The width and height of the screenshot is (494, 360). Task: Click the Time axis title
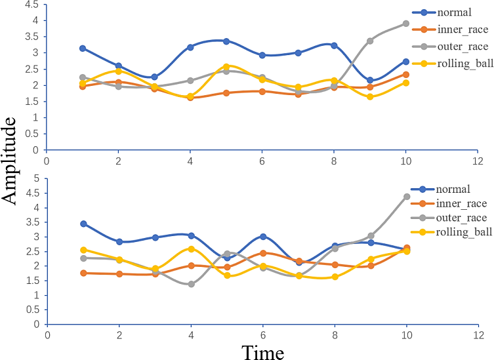click(x=262, y=353)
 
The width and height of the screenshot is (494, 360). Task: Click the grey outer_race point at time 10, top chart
click(x=406, y=24)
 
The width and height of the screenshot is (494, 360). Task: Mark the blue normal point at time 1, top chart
click(x=83, y=49)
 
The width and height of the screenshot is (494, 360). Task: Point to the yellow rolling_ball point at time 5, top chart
click(x=226, y=67)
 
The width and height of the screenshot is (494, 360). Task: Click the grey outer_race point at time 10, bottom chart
click(x=407, y=197)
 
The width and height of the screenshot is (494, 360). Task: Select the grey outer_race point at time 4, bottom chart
click(x=191, y=284)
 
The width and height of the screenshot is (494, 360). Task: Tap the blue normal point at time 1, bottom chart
click(x=83, y=224)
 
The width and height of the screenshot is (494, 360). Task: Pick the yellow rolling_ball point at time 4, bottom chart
click(x=191, y=249)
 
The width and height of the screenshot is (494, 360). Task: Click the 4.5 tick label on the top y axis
click(x=31, y=4)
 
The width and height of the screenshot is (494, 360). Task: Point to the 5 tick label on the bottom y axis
click(x=36, y=178)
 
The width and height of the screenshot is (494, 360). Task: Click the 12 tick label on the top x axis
click(x=478, y=160)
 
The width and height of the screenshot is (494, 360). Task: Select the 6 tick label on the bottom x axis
click(x=262, y=334)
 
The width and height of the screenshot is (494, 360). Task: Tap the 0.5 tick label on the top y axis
click(x=31, y=134)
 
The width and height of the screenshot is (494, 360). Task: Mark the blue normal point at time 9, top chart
click(x=370, y=81)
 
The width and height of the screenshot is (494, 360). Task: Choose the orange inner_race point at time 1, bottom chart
click(x=83, y=273)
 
